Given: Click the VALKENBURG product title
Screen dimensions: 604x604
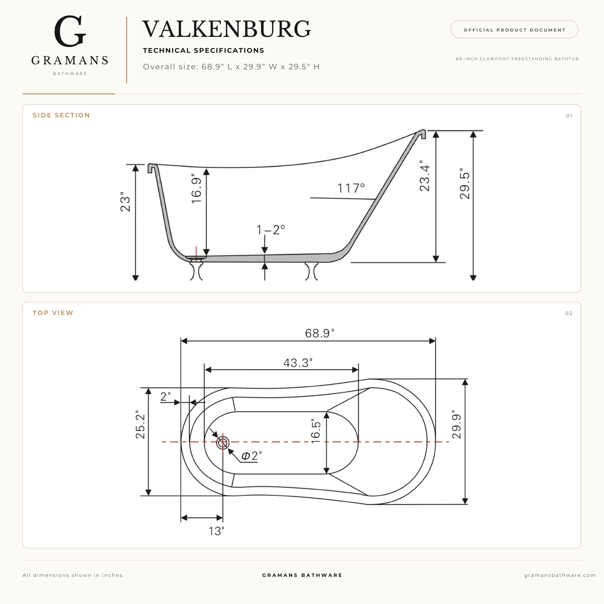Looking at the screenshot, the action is [x=227, y=29].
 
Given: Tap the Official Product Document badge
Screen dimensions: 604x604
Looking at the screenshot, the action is [x=514, y=30].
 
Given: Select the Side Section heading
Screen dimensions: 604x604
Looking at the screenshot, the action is [x=61, y=115].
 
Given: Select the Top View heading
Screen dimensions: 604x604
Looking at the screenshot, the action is [x=53, y=313].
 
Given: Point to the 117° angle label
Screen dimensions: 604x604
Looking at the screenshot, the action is [x=351, y=188].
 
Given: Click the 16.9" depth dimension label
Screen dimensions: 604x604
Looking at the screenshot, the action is [x=196, y=188].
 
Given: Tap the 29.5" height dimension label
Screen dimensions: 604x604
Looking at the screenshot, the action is [x=465, y=184].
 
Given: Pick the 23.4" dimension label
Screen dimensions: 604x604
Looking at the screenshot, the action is [x=424, y=176].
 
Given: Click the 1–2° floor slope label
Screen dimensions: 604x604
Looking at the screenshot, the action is [x=271, y=230].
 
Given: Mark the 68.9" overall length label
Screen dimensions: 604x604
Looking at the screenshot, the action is [x=319, y=333].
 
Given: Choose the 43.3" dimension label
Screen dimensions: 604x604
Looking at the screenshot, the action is [x=298, y=363].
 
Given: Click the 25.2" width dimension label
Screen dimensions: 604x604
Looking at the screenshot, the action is [x=140, y=424].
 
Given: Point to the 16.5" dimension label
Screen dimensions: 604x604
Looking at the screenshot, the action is [x=316, y=431].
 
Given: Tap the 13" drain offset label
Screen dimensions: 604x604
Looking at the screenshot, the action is [x=216, y=531].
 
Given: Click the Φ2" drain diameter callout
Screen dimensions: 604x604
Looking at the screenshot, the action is [x=251, y=456].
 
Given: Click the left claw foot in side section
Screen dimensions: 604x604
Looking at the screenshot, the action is [x=196, y=271].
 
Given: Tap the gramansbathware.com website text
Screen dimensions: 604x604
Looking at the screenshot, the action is [x=560, y=575].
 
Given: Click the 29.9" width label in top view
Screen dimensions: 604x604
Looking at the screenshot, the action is [x=457, y=424].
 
